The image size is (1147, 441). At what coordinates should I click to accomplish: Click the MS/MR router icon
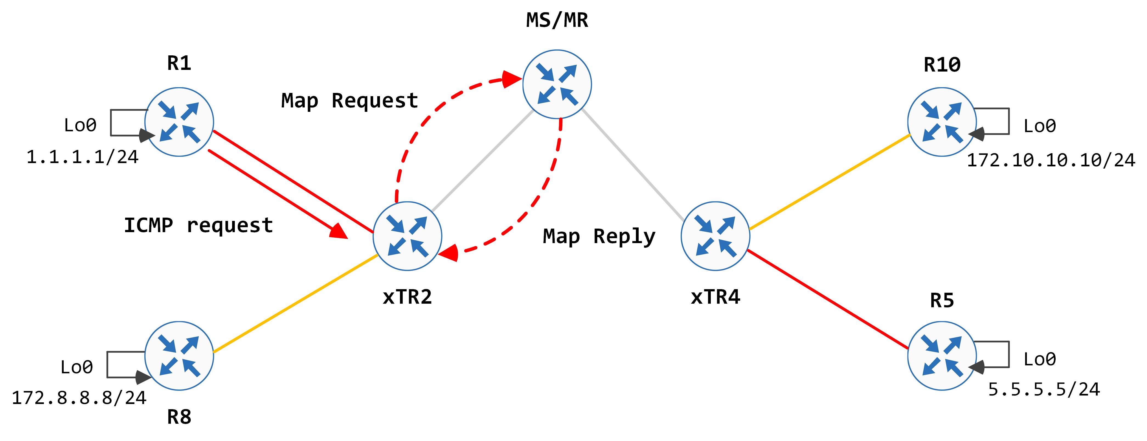pos(557,84)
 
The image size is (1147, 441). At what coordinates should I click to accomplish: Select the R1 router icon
pos(179,122)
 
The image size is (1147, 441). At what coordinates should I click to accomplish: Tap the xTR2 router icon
pos(407,236)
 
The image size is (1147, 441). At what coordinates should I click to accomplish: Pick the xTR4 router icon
pos(715,236)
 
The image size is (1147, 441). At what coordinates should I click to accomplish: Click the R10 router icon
pos(942,122)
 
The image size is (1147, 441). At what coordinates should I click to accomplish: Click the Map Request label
pos(350,101)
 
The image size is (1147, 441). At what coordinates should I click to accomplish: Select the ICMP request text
pos(198,225)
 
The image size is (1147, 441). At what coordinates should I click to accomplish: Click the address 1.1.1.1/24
pos(82,157)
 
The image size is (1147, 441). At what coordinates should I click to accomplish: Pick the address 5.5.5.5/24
pos(1044,390)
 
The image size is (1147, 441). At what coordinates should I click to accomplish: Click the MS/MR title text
pos(557,21)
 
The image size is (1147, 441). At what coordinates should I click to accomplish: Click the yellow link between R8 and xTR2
pos(296,304)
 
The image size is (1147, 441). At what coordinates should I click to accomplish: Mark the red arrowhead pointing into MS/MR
pos(512,80)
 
